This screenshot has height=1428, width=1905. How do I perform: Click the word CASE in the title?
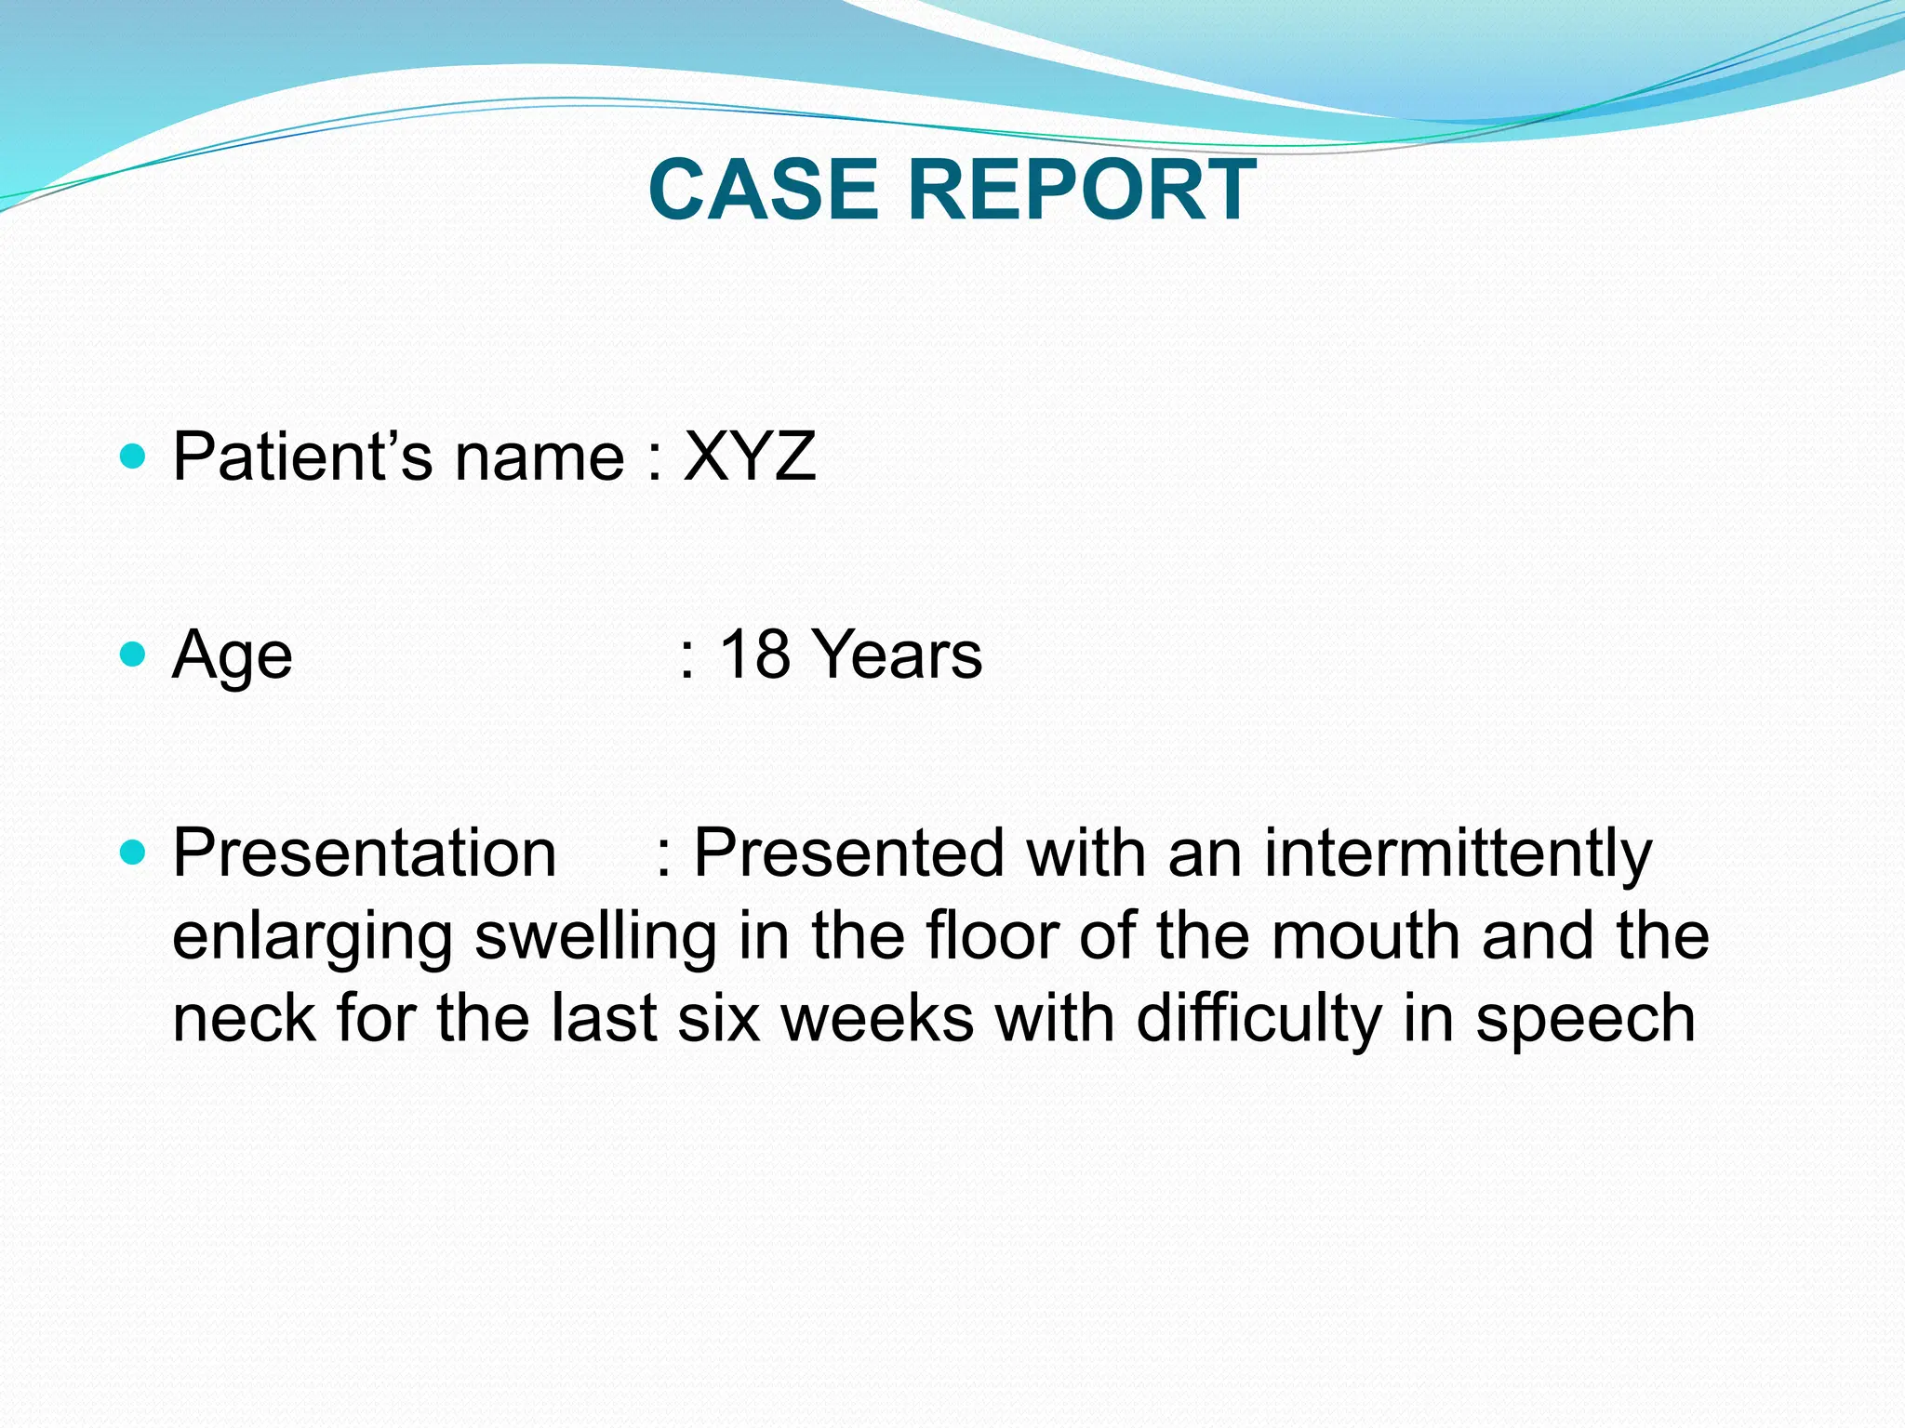pyautogui.click(x=763, y=190)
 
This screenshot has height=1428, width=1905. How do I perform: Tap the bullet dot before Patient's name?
pyautogui.click(x=134, y=456)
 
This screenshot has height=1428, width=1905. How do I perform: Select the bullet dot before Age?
pyautogui.click(x=134, y=654)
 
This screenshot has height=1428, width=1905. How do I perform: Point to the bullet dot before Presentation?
pyautogui.click(x=134, y=852)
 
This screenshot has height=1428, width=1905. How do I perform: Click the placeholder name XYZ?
pyautogui.click(x=750, y=456)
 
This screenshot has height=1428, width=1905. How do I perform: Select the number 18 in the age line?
pyautogui.click(x=754, y=654)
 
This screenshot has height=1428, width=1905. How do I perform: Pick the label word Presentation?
pyautogui.click(x=365, y=853)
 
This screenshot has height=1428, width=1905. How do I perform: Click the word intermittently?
pyautogui.click(x=1458, y=853)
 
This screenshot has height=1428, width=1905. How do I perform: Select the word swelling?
pyautogui.click(x=596, y=937)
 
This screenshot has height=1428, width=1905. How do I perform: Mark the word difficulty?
pyautogui.click(x=1259, y=1020)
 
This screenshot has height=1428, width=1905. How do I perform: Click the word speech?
pyautogui.click(x=1586, y=1020)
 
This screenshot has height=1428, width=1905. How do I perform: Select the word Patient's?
pyautogui.click(x=302, y=456)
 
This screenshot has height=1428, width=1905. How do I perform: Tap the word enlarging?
pyautogui.click(x=313, y=937)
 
